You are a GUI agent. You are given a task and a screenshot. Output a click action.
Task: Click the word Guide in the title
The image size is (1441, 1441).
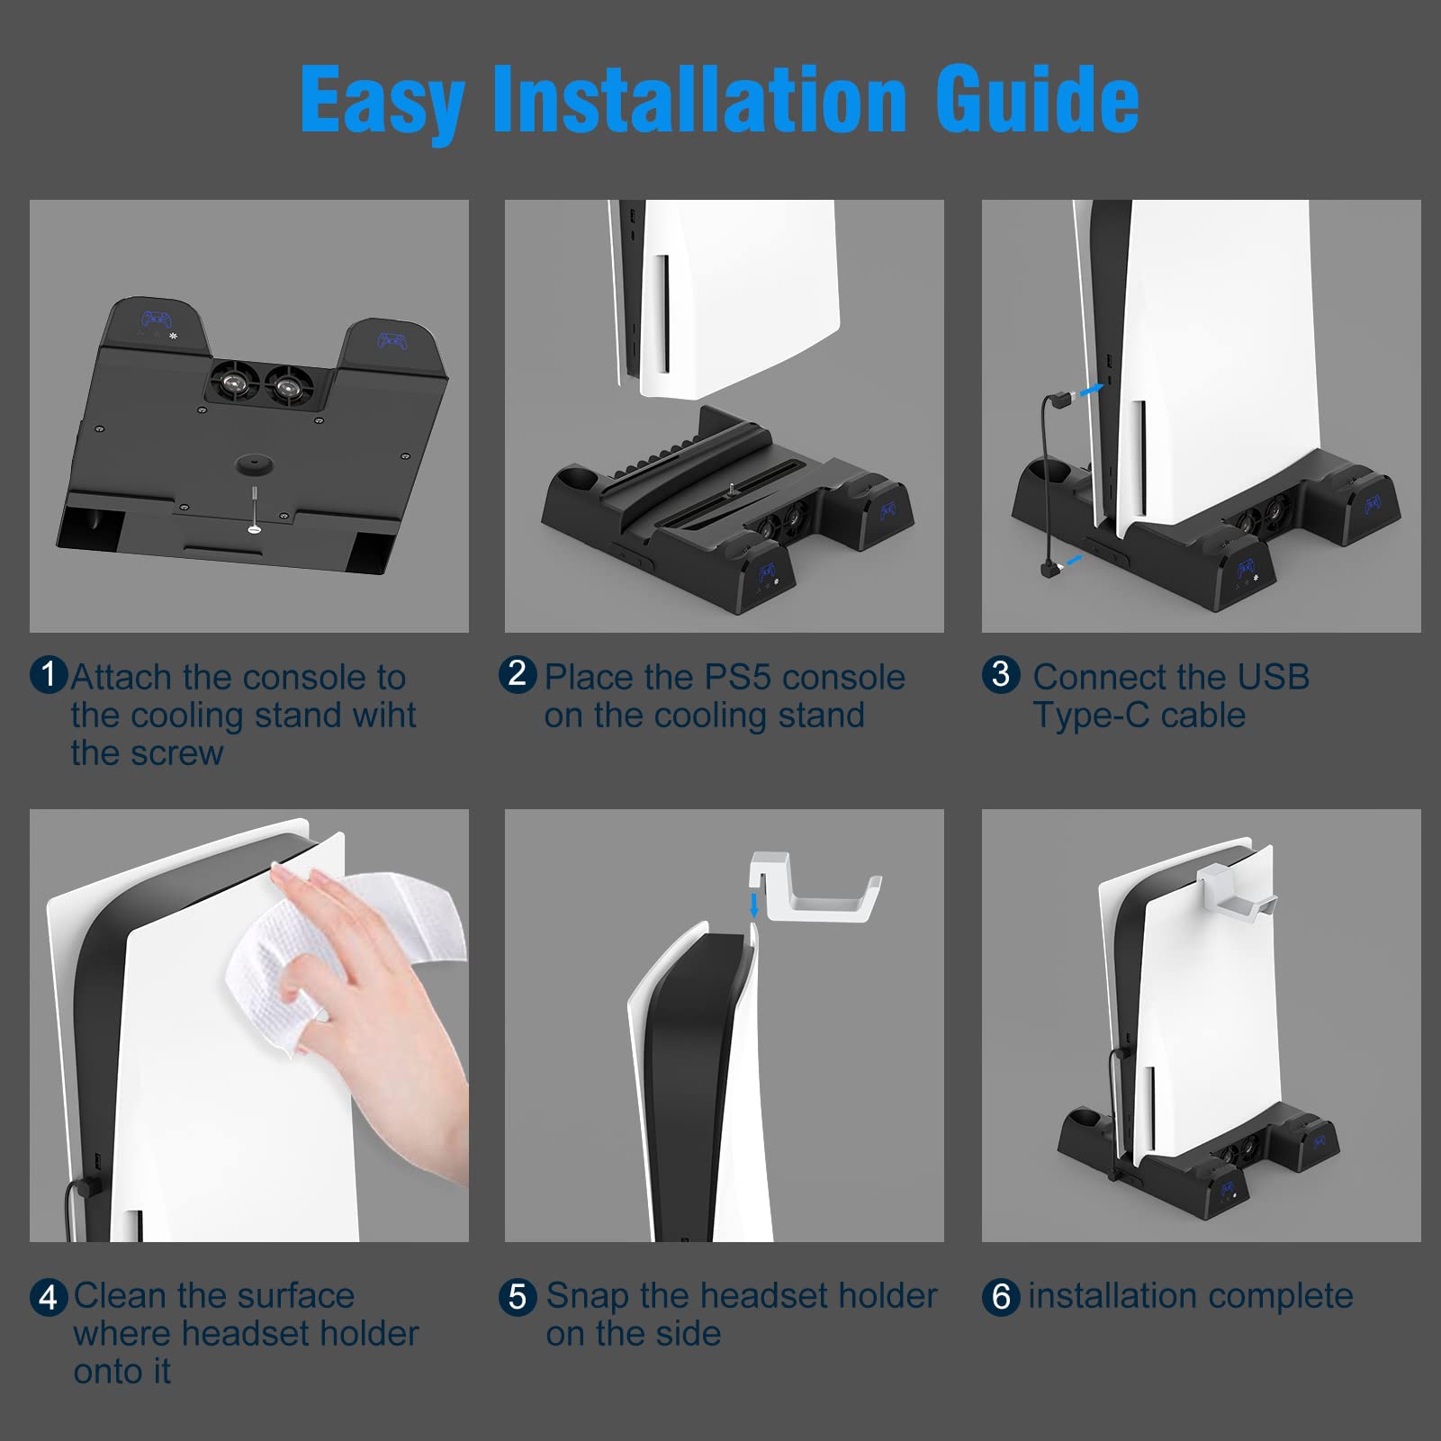1038,100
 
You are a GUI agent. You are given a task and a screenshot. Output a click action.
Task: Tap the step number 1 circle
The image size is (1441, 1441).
49,675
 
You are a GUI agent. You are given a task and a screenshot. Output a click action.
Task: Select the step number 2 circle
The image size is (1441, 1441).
518,674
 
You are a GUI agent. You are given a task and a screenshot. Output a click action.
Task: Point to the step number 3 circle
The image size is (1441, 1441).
1001,674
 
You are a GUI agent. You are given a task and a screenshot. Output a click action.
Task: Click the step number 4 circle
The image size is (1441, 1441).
49,1297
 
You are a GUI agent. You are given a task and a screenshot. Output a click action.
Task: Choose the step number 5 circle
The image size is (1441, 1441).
518,1297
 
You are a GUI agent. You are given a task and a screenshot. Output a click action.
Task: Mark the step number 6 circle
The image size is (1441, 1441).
1001,1297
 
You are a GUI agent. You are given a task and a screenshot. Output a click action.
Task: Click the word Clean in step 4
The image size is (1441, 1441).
122,1296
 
